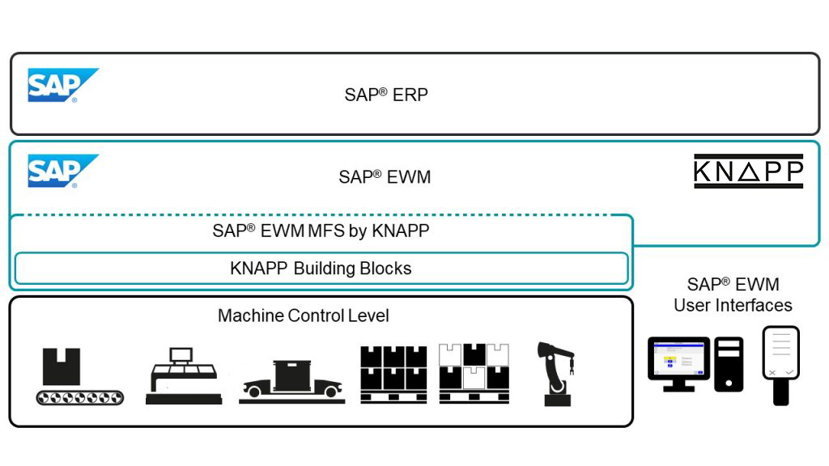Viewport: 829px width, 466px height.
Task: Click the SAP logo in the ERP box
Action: tap(62, 85)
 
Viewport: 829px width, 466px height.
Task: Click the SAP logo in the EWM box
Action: tap(62, 171)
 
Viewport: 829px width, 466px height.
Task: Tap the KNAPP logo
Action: tap(748, 172)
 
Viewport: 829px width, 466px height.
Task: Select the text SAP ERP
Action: tap(386, 94)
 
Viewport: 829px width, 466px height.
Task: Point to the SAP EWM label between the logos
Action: tap(385, 176)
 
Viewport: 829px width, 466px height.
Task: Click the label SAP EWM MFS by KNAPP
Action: tap(321, 231)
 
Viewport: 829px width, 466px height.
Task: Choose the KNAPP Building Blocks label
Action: tap(321, 269)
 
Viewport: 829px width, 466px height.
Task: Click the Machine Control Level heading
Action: tap(303, 316)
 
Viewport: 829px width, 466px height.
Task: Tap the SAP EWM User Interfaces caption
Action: tap(733, 294)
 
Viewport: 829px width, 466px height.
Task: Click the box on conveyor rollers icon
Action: tap(79, 376)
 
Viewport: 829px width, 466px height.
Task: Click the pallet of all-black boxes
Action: tap(393, 374)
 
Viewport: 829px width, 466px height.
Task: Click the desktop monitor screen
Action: tap(678, 358)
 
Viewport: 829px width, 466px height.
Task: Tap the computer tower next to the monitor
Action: tap(728, 364)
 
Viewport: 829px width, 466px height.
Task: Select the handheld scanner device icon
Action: tap(780, 364)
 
